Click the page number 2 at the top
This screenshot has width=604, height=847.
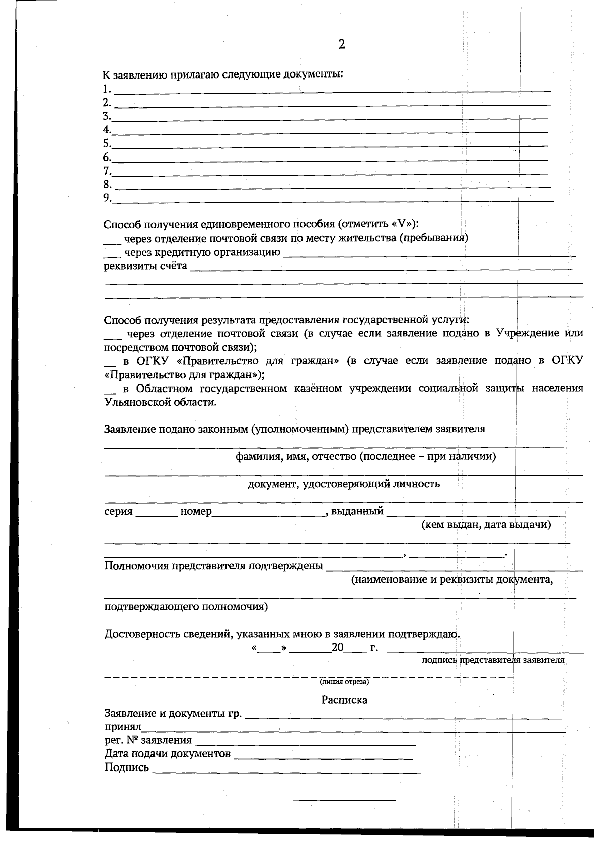click(342, 45)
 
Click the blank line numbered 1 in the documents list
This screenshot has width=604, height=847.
click(332, 89)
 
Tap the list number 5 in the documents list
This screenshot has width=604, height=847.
click(106, 144)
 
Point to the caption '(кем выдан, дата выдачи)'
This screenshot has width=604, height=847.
click(486, 525)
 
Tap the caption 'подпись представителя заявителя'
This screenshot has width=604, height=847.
click(493, 660)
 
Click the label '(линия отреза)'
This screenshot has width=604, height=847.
click(345, 682)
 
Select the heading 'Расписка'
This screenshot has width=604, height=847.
click(344, 700)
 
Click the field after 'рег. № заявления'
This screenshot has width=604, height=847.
click(305, 742)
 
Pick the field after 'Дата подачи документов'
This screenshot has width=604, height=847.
click(323, 755)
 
